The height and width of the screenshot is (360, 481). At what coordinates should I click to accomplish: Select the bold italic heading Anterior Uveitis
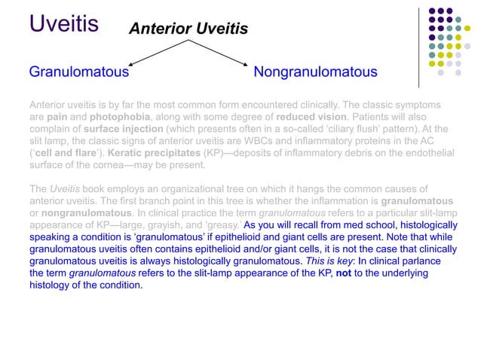click(x=188, y=29)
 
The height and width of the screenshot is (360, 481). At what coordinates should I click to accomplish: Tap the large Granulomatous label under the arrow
click(x=78, y=72)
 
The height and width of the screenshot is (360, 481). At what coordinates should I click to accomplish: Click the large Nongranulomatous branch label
click(x=315, y=72)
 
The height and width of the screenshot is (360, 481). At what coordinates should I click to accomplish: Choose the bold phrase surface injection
click(x=115, y=130)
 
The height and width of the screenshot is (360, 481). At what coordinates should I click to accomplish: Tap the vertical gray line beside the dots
click(x=420, y=45)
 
